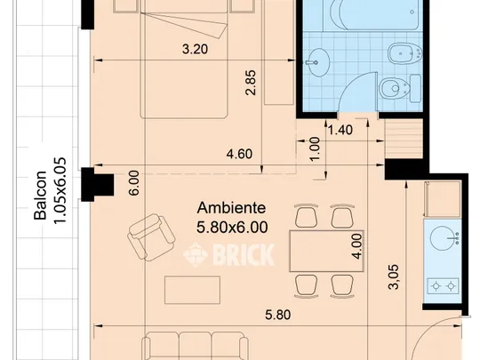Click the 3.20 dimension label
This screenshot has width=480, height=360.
click(x=195, y=49)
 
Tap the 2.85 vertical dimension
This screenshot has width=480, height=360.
click(x=251, y=83)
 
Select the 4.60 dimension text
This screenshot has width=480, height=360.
click(x=239, y=154)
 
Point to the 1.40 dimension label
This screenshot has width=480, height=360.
click(x=340, y=130)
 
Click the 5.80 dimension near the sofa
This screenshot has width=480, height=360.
click(x=277, y=315)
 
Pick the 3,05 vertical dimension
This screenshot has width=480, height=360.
click(x=394, y=276)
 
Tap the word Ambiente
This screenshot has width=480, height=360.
click(x=231, y=208)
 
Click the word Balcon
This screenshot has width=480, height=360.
click(x=40, y=196)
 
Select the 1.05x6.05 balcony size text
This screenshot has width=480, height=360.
click(x=60, y=190)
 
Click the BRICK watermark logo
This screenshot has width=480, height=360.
click(x=228, y=255)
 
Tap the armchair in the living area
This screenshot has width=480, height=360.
click(x=151, y=237)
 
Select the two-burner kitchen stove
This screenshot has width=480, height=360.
click(x=443, y=286)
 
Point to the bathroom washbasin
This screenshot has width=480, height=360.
click(x=318, y=62)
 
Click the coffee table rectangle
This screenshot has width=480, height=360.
click(x=192, y=290)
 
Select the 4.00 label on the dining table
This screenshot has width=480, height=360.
click(x=357, y=246)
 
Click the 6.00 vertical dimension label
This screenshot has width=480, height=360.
click(x=134, y=183)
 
